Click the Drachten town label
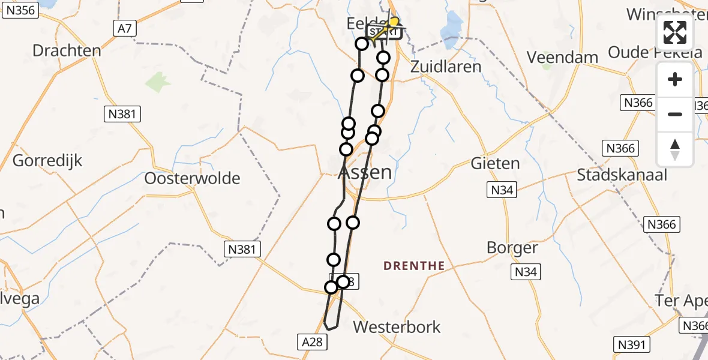coord(67,50)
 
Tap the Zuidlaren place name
coord(446,66)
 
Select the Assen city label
coord(365,173)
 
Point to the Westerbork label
coord(397,327)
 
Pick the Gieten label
coord(495,163)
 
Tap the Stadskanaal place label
coord(621,175)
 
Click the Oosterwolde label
coord(192,178)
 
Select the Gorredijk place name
coord(47,161)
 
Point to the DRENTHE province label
coord(414,265)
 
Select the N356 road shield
coord(19,10)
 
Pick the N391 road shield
coord(632,344)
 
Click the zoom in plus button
coord(675,79)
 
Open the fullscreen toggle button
coord(675,33)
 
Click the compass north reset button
coord(675,149)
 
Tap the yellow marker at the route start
coord(394,22)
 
